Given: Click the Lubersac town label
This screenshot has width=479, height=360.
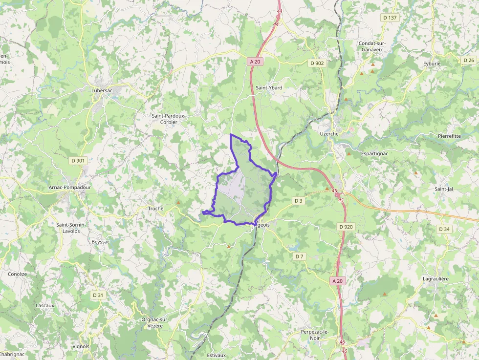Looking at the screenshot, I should click(102, 90).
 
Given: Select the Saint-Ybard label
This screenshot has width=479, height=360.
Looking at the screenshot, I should click(269, 88).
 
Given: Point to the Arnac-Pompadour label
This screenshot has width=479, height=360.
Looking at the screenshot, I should click(70, 187).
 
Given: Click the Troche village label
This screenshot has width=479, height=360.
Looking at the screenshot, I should click(156, 209).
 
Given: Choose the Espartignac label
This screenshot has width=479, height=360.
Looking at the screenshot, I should click(374, 153).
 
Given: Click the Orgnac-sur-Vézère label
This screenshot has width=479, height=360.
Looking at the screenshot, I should click(155, 322).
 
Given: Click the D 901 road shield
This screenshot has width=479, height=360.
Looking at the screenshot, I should click(78, 160).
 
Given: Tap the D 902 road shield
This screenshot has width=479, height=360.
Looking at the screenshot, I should click(317, 63).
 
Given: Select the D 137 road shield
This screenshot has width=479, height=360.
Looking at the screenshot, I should click(390, 18).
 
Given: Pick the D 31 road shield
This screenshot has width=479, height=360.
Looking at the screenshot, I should click(98, 295).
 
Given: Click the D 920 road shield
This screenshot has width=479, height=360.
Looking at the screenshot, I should click(346, 227).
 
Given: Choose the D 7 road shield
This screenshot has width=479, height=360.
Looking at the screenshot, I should click(299, 256).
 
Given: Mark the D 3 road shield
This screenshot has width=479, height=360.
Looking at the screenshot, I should click(298, 201).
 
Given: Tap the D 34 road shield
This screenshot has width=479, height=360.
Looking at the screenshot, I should click(444, 229).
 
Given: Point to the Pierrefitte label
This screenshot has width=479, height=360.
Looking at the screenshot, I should click(449, 136).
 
